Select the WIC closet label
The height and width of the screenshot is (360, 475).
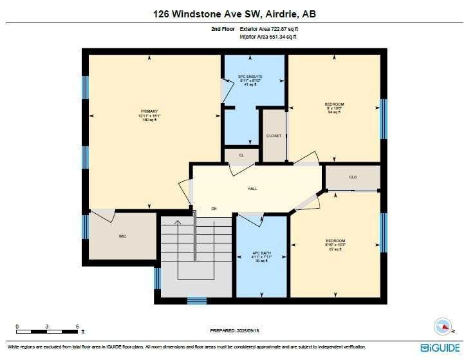pos(122,236)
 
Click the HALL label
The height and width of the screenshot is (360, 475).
pos(252,189)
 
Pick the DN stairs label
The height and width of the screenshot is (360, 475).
pos(214,209)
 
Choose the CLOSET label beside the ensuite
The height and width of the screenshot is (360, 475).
pos(274,136)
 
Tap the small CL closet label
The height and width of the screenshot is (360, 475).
pos(241,155)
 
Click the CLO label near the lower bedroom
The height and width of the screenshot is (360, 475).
pos(353,177)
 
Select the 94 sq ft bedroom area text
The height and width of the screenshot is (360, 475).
pos(334,112)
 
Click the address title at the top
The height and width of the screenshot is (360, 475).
pos(237,14)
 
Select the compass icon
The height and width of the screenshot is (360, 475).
pos(443,326)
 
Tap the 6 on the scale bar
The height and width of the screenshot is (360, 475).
pos(77,325)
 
